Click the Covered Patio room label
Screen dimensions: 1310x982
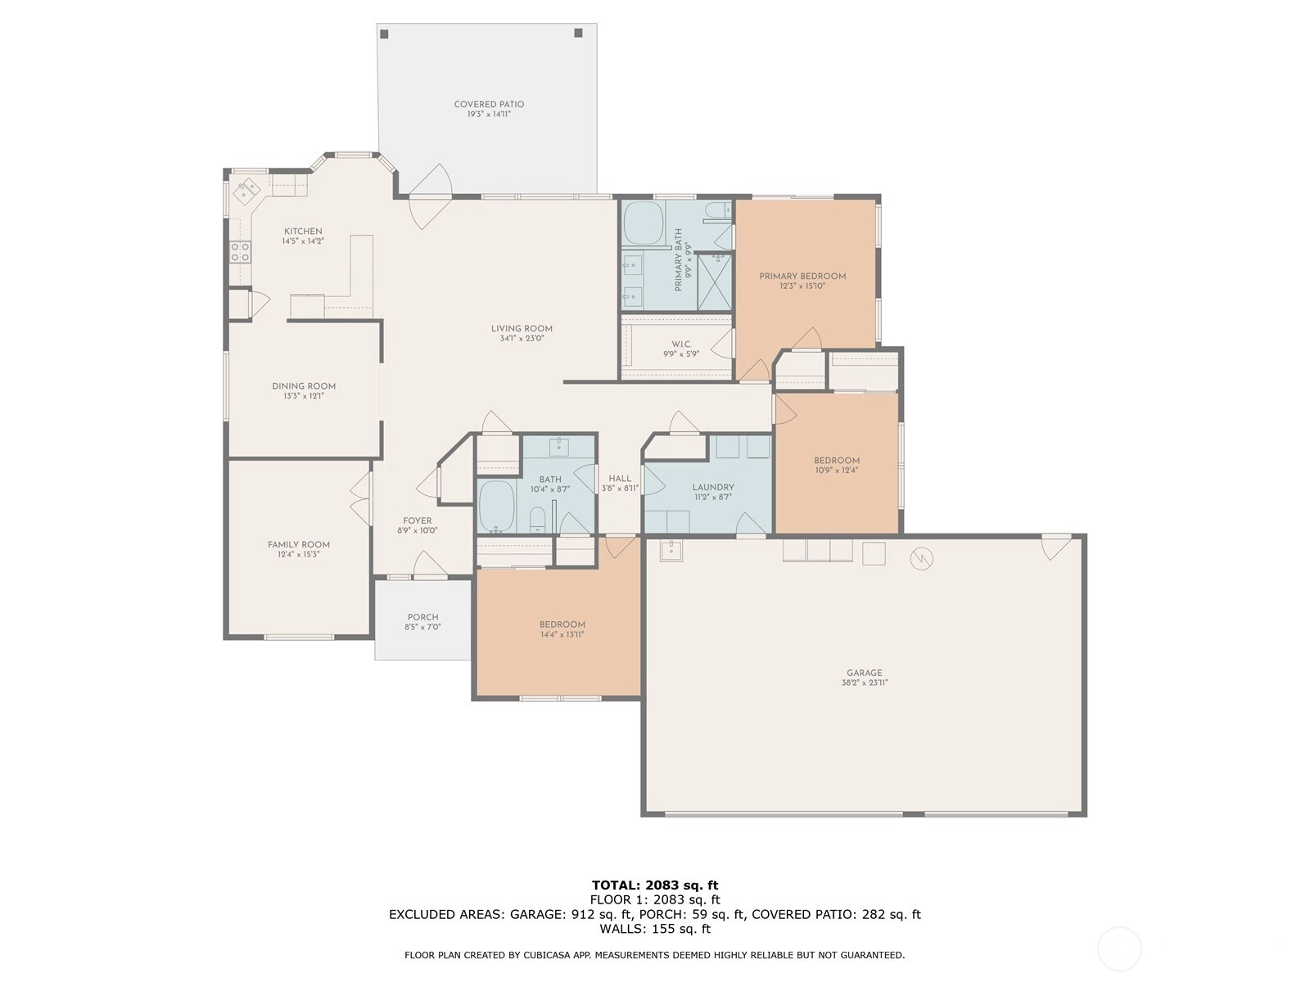[489, 105]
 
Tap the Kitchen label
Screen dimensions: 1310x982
[303, 232]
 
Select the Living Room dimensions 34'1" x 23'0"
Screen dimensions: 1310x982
[522, 339]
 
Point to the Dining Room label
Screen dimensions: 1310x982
[304, 386]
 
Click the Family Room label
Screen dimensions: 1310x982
[298, 544]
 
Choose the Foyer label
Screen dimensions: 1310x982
[418, 520]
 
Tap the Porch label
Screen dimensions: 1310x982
[422, 617]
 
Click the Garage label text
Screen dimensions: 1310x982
[864, 673]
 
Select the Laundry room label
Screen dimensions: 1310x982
[713, 487]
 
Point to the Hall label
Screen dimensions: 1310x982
[620, 478]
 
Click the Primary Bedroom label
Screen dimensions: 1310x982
[802, 276]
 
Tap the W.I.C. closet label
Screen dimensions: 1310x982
[681, 344]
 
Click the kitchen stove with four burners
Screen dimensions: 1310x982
[240, 251]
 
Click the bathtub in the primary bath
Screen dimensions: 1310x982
[644, 223]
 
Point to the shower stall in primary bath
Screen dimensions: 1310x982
[714, 282]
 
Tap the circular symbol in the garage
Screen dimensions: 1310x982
[921, 559]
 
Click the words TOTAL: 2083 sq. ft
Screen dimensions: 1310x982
[655, 885]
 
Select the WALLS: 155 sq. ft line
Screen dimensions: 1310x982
[655, 928]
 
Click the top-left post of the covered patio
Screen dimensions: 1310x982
[384, 34]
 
